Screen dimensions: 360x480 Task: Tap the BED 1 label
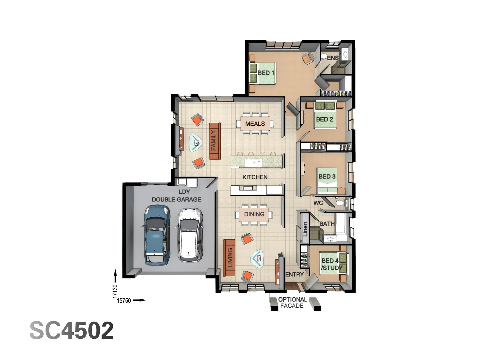point(266,73)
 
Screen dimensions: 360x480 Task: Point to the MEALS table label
point(255,124)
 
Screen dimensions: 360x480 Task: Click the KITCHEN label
point(255,177)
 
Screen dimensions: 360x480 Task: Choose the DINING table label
point(254,214)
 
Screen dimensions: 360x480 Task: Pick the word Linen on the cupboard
point(305,229)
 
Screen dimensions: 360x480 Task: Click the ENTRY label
point(295,274)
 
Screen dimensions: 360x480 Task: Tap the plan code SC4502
point(72,330)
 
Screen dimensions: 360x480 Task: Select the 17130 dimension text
point(115,291)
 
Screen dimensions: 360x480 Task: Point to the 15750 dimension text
point(124,301)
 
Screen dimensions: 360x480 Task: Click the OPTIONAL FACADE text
point(292,303)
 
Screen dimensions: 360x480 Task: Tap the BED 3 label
point(327,176)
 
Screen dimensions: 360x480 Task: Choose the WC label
point(318,203)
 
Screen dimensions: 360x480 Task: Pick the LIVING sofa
point(229,257)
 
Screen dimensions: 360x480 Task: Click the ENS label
point(332,58)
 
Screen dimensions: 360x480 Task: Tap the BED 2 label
point(324,119)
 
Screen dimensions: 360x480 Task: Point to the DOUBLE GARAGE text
point(176,199)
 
